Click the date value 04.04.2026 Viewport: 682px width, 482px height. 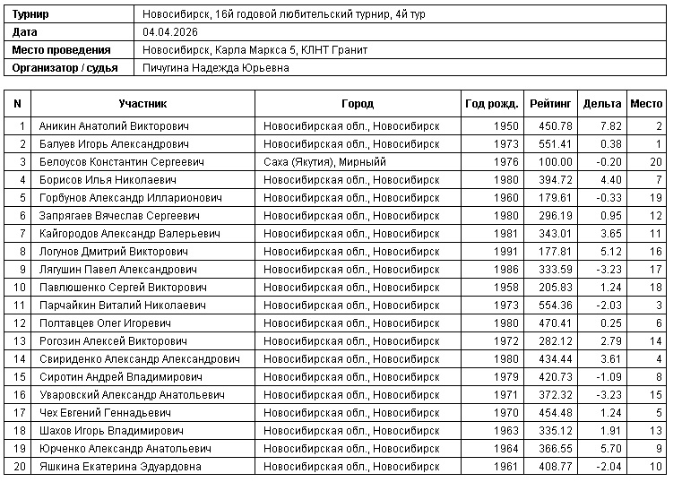(x=170, y=32)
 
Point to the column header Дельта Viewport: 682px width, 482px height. (x=601, y=104)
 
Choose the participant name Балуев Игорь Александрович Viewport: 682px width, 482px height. (x=114, y=143)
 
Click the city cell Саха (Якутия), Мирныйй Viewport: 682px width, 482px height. (x=325, y=161)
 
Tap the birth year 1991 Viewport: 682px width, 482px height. (x=505, y=251)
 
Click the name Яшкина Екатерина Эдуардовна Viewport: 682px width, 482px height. (x=120, y=466)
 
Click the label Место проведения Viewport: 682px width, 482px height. (x=62, y=50)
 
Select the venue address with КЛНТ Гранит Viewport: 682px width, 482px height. (x=255, y=50)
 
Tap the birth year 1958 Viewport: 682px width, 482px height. (x=505, y=287)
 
